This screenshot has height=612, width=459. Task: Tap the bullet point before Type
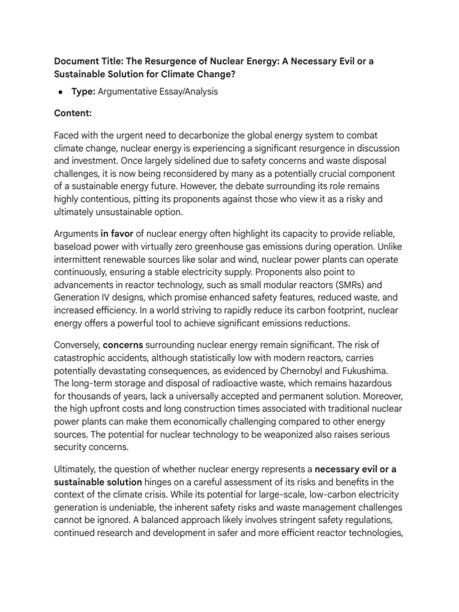point(61,92)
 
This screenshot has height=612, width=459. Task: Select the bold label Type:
point(84,92)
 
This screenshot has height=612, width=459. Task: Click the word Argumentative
point(131,92)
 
